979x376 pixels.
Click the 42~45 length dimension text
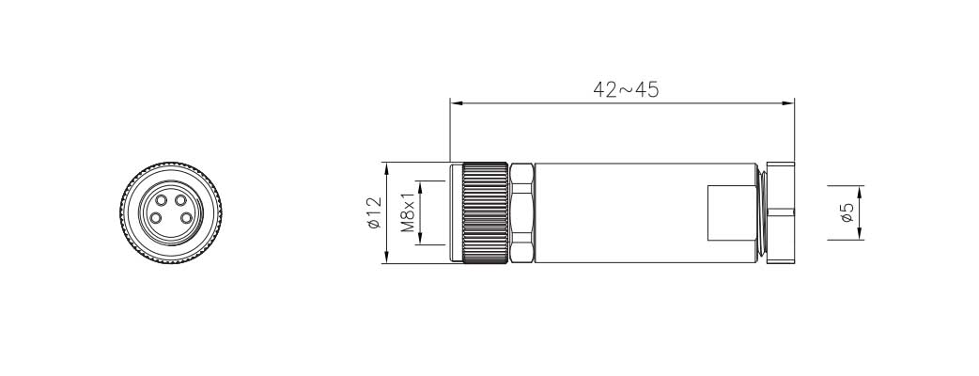[x=626, y=90]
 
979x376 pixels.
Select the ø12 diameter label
[x=374, y=213]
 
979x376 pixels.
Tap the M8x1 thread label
[x=408, y=212]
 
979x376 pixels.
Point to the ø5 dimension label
[x=847, y=213]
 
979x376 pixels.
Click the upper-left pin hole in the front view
[x=161, y=200]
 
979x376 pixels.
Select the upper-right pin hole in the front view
[x=181, y=200]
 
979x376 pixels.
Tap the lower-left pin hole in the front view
[x=155, y=219]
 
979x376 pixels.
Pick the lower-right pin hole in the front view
[x=186, y=219]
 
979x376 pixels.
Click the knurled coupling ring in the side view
[x=485, y=213]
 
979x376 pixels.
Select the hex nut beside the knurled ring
[x=521, y=213]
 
